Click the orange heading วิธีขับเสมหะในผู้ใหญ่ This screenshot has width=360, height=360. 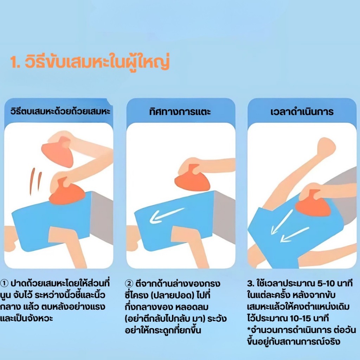90,62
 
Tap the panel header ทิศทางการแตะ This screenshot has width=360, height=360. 180,112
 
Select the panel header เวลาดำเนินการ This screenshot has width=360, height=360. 302,112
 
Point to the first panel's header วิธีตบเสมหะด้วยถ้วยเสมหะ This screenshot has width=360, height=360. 60,111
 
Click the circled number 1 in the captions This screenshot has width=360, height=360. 4,283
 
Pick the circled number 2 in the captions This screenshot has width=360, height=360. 129,283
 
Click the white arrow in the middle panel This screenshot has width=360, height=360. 167,216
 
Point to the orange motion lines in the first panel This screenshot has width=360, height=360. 36,181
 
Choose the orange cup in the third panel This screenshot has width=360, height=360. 313,204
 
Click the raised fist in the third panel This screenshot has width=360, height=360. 326,147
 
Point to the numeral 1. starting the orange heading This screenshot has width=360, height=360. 15,62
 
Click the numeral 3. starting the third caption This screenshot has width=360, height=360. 251,284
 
